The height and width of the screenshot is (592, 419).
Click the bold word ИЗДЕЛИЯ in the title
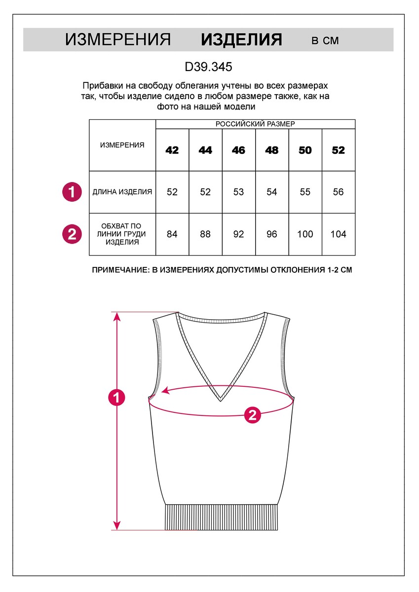(241, 40)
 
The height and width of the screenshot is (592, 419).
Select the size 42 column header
(172, 150)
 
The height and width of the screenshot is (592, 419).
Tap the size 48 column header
(272, 150)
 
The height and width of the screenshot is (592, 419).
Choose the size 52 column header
(339, 150)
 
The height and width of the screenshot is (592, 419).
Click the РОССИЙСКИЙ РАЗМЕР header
(255, 124)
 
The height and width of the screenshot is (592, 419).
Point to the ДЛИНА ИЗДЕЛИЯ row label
(122, 192)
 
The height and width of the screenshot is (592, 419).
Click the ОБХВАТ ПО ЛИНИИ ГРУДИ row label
(122, 234)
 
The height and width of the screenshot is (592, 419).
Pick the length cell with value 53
(239, 192)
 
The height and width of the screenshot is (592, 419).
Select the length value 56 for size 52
(339, 192)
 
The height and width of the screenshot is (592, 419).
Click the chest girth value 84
(172, 234)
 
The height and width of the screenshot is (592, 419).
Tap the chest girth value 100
(305, 234)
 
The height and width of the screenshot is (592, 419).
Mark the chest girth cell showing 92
(239, 234)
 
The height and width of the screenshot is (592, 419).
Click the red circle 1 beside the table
(72, 192)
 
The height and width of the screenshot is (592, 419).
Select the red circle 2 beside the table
(72, 234)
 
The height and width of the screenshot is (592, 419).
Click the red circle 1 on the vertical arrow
(117, 397)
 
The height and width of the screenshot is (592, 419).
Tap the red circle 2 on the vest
(253, 415)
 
